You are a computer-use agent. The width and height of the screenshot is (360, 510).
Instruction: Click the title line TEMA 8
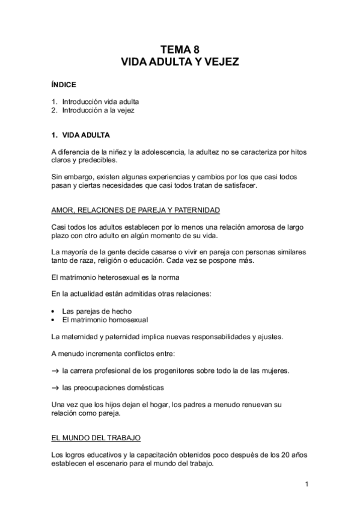(180, 51)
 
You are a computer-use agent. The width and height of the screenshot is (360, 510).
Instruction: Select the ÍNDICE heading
(63, 85)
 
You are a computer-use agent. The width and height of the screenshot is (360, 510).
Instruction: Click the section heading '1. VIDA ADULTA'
(80, 135)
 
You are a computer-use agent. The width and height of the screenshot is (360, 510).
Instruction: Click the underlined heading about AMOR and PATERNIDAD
(135, 210)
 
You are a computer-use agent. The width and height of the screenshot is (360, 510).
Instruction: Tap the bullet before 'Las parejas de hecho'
(53, 312)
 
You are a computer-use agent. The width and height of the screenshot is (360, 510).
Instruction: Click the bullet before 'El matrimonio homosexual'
(53, 320)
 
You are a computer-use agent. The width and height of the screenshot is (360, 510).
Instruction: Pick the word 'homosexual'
(127, 320)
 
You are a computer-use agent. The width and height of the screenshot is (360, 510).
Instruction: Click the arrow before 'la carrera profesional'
(55, 370)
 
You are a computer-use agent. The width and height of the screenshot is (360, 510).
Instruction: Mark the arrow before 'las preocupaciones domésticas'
(55, 387)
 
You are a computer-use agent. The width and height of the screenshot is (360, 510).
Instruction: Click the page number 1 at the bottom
(307, 484)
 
